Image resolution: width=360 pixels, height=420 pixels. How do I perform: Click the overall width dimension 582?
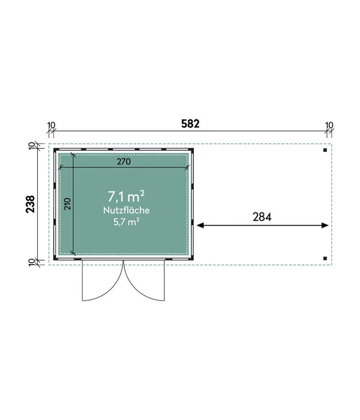(190, 124)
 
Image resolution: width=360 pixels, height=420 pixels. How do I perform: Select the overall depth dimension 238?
(30, 204)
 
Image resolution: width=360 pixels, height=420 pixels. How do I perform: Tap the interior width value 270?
(124, 161)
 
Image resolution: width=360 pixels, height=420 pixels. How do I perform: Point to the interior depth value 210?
(67, 204)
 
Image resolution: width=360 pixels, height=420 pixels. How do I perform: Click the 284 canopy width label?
(262, 217)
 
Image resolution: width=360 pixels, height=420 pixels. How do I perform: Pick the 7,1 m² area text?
(126, 196)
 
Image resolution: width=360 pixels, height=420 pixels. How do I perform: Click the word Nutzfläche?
(127, 210)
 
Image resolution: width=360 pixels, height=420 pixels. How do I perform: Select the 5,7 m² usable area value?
(127, 222)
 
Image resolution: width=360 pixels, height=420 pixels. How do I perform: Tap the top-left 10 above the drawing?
(51, 125)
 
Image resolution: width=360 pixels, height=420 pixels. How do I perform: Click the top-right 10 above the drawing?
(329, 125)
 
